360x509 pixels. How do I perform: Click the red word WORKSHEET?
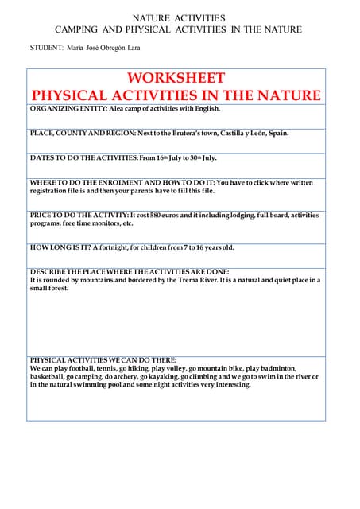pyautogui.click(x=176, y=78)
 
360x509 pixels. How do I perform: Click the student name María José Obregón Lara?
pyautogui.click(x=103, y=48)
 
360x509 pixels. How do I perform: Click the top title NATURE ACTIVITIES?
pyautogui.click(x=178, y=17)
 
